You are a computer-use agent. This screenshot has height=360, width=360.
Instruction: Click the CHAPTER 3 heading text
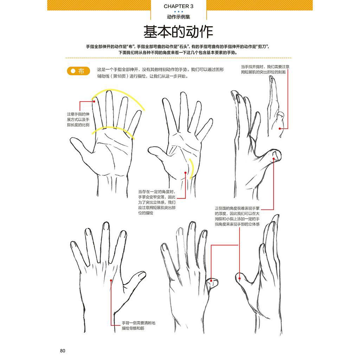[x=178, y=6]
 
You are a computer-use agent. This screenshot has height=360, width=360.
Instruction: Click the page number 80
[x=63, y=351]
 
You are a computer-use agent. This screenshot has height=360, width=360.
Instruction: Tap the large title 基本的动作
[x=178, y=32]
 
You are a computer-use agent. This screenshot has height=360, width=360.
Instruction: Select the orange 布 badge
[x=78, y=71]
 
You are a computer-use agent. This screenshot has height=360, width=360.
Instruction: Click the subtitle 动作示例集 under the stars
[x=178, y=17]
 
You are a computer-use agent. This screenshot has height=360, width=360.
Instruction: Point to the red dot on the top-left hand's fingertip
[x=94, y=101]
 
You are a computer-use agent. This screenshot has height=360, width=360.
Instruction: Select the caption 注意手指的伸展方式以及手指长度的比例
[x=78, y=120]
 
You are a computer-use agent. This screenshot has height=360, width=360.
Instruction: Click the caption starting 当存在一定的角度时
[x=157, y=202]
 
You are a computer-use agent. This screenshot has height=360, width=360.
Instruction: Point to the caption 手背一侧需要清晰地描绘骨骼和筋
[x=139, y=326]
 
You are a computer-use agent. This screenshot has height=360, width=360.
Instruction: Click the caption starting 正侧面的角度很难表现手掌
[x=237, y=216]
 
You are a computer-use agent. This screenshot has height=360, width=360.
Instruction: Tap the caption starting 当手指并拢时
[x=265, y=69]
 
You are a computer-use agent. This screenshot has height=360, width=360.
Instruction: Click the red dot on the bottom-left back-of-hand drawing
[x=111, y=280]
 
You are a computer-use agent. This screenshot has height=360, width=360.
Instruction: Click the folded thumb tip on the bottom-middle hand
[x=213, y=282]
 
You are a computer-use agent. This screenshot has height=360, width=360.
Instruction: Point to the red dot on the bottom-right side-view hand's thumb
[x=239, y=278]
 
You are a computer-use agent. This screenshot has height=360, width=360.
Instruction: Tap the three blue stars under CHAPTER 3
[x=178, y=12]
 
